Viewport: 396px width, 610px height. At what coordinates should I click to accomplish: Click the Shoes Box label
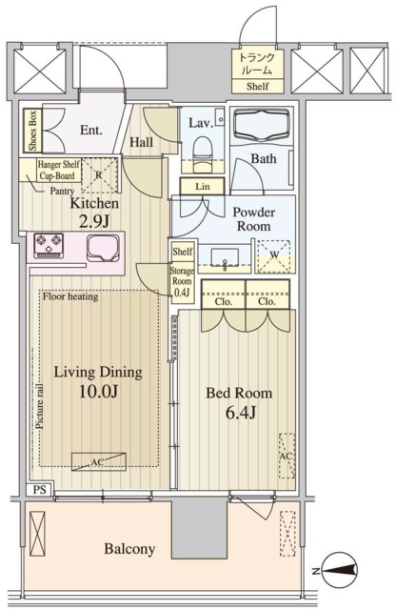[x=33, y=132]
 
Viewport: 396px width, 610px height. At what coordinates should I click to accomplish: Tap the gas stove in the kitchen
[x=49, y=246]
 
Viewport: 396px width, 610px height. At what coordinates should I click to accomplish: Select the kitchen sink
[x=103, y=248]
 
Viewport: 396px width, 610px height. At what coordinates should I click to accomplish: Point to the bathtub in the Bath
[x=263, y=124]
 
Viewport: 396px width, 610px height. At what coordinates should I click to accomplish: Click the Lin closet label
[x=203, y=187]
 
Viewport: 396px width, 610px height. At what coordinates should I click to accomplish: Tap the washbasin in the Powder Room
[x=225, y=257]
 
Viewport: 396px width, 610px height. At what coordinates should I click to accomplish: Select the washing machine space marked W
[x=274, y=255]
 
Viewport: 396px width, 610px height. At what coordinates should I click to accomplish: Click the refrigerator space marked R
[x=99, y=175]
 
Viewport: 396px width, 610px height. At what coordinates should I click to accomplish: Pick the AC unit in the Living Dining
[x=99, y=461]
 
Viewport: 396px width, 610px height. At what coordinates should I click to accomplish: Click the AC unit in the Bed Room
[x=287, y=456]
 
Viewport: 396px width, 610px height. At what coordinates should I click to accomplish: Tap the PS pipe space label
[x=39, y=489]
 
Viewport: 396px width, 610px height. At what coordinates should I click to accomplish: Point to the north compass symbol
[x=340, y=571]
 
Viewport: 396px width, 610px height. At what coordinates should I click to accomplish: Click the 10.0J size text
[x=98, y=391]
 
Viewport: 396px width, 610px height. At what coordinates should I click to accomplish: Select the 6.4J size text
[x=240, y=413]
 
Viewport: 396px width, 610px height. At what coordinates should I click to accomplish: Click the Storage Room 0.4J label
[x=182, y=281]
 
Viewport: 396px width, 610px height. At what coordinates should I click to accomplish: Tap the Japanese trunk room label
[x=257, y=64]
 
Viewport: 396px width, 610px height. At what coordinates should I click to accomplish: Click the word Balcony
[x=129, y=549]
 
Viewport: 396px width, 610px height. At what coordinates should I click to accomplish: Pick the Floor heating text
[x=70, y=296]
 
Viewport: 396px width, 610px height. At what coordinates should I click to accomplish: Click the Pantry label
[x=62, y=191]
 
